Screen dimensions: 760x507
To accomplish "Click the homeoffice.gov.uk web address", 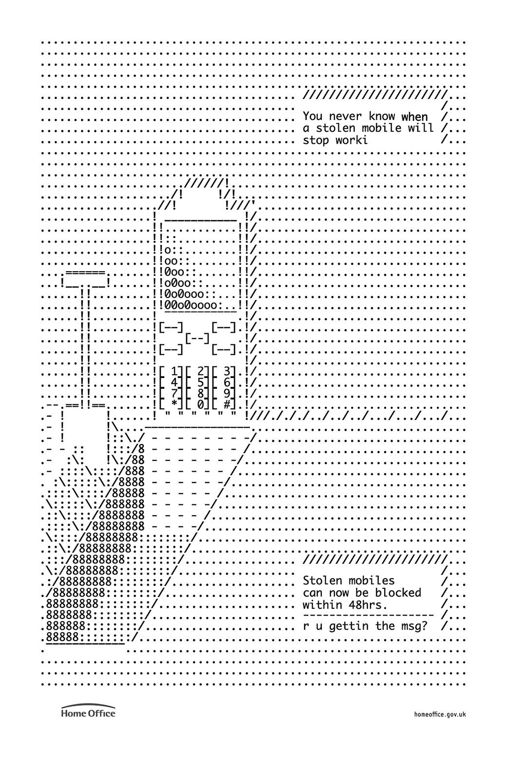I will tap(440, 714).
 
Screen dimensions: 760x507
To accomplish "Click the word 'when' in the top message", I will tap(414, 117).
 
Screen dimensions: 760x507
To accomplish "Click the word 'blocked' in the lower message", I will tap(398, 593).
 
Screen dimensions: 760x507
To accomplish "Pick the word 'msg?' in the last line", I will tap(415, 626).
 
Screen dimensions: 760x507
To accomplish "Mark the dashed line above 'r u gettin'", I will tap(368, 615).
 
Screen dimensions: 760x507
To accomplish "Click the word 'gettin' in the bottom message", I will tap(349, 626).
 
